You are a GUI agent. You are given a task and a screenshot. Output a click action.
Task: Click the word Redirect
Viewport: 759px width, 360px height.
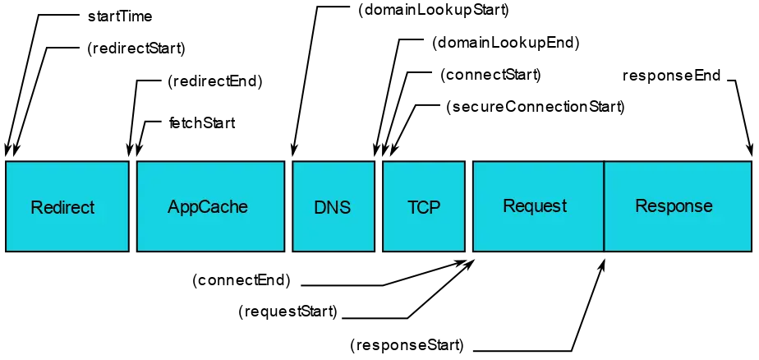[62, 207]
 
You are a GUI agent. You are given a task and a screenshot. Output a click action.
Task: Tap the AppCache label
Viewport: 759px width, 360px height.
[207, 206]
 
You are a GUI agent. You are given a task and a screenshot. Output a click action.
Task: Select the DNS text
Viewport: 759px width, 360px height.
[332, 207]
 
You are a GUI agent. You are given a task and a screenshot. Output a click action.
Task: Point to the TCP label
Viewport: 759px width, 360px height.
[424, 207]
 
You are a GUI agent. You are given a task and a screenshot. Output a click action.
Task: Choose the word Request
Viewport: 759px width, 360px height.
[535, 205]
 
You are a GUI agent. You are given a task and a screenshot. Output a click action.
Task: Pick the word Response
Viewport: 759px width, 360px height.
[674, 205]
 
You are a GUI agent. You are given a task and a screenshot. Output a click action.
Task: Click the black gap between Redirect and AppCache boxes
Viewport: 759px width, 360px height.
[133, 205]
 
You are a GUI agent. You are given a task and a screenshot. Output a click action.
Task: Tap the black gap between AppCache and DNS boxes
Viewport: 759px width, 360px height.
[288, 205]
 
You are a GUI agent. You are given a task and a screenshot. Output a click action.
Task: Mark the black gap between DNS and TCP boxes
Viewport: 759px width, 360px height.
[378, 205]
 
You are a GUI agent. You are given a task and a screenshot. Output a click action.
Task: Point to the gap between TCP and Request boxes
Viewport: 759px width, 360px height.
[469, 205]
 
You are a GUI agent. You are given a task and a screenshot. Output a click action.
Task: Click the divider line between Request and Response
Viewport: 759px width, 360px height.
[604, 205]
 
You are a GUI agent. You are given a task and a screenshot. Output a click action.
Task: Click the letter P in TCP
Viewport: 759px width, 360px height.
[435, 207]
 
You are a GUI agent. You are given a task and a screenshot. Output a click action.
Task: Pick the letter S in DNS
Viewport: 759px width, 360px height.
[345, 207]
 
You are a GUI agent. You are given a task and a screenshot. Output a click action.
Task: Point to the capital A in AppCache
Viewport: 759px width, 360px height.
[173, 206]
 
